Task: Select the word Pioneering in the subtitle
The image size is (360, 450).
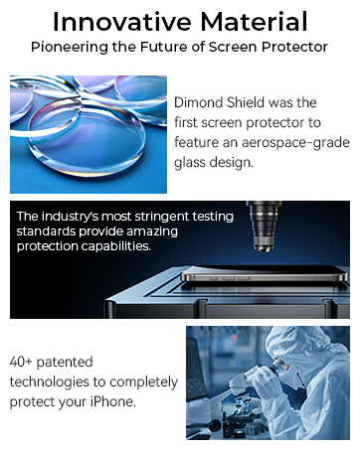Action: coord(67,47)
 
